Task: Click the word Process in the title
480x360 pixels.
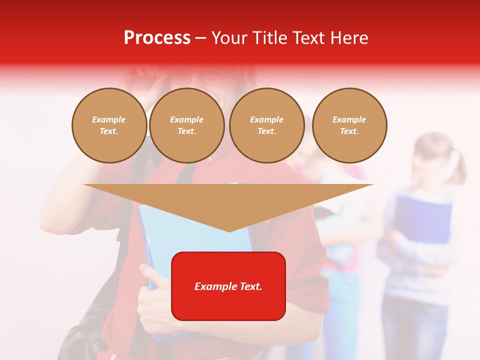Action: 157,38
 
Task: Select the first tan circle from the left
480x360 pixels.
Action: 109,125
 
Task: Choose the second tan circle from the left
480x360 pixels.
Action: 186,125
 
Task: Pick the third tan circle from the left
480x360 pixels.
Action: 266,125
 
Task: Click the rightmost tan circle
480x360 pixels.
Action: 349,125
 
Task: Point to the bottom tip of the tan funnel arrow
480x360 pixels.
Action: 229,230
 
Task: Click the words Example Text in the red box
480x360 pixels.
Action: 228,286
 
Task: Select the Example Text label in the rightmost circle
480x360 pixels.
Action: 349,125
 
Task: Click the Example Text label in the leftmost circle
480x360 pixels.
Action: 109,125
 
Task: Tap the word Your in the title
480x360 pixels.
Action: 230,38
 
